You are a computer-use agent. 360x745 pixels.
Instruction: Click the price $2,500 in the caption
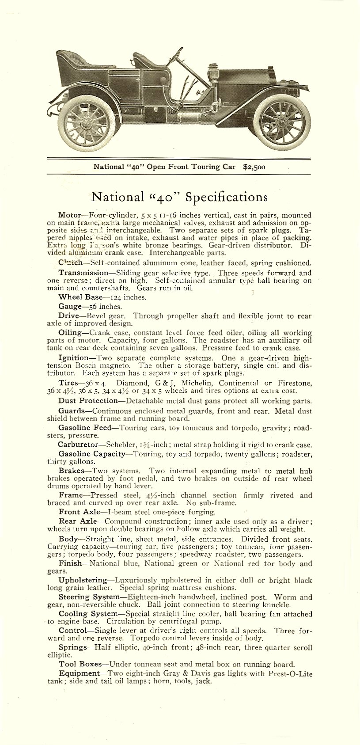tap(254, 167)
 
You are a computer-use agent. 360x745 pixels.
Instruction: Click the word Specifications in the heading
tap(226, 197)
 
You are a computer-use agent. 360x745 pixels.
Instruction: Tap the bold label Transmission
tap(83, 273)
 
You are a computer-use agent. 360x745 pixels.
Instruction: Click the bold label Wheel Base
tap(80, 297)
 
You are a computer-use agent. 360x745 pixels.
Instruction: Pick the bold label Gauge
tap(70, 306)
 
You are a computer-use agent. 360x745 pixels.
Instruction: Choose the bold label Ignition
tap(73, 357)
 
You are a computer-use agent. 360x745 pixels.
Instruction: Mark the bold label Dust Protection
tap(88, 401)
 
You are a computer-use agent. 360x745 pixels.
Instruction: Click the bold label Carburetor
tap(78, 445)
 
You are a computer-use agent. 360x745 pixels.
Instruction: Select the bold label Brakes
tap(71, 471)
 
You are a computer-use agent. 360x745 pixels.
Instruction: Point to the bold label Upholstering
tap(83, 580)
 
